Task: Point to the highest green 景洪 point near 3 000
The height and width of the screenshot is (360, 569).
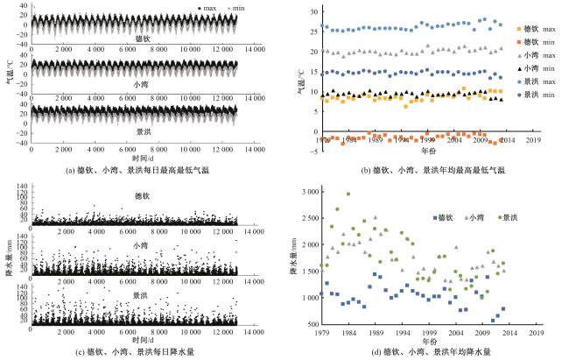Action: tap(348, 194)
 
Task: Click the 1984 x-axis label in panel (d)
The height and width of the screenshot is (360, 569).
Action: tap(348, 333)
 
